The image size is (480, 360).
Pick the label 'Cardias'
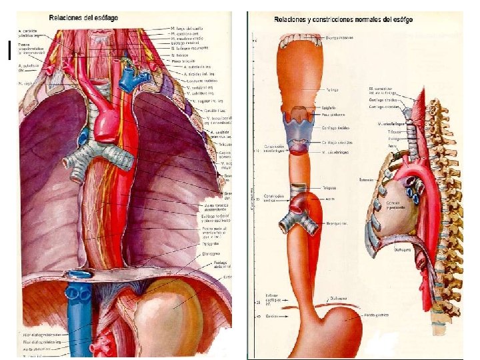(x=271, y=315)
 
